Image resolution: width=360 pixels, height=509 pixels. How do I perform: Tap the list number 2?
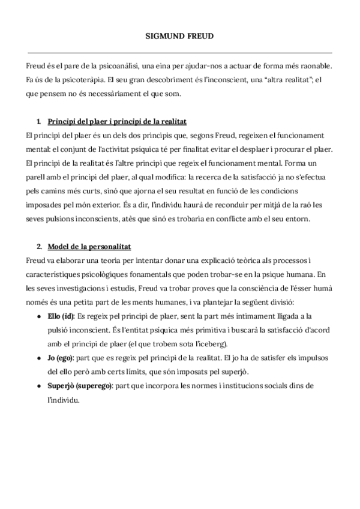(x=39, y=247)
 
